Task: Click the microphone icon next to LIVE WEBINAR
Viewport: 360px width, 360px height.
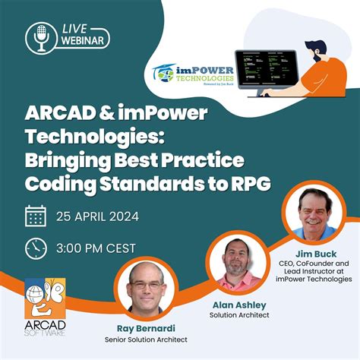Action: click(38, 36)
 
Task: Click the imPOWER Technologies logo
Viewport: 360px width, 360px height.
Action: click(188, 75)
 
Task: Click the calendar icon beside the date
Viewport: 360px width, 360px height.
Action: click(36, 216)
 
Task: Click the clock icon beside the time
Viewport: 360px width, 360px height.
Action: click(36, 248)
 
